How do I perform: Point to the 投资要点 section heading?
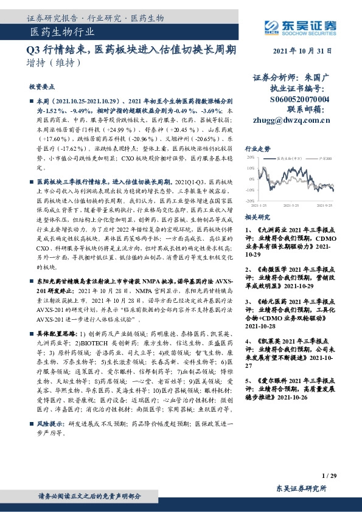pos(41,87)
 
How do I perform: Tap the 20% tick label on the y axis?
pos(249,157)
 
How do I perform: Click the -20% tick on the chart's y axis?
pos(249,199)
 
